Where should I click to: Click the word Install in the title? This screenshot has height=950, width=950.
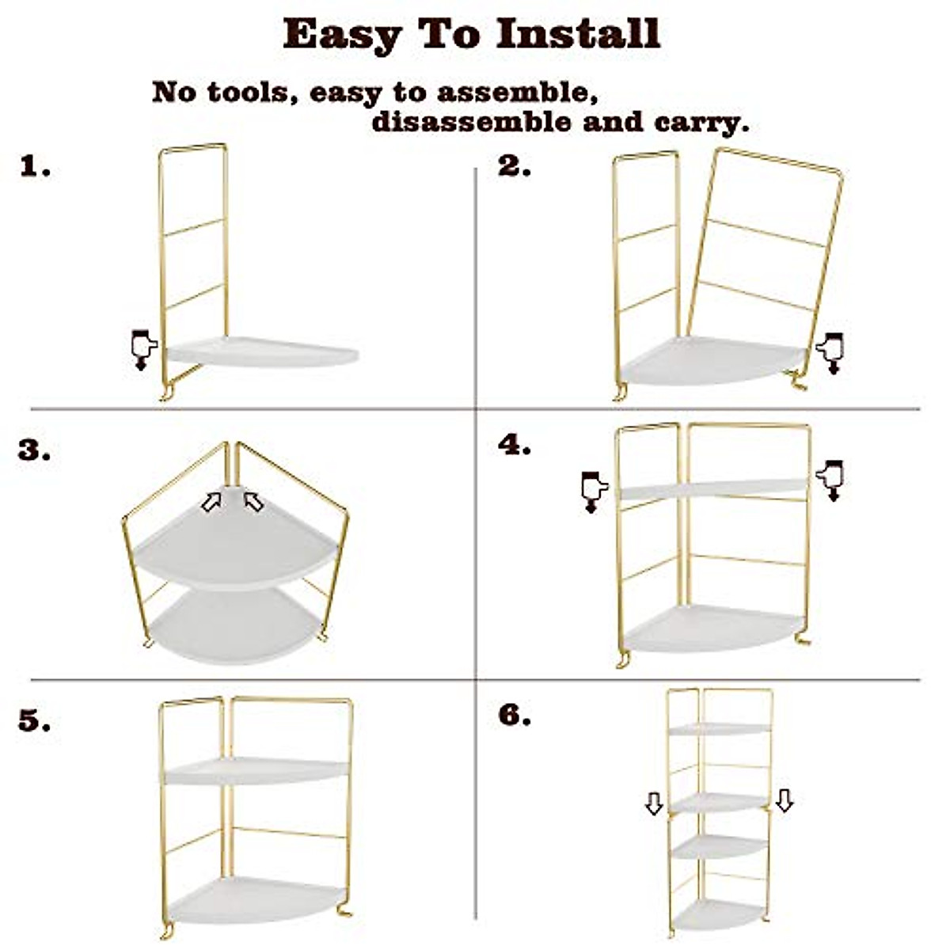pos(578,33)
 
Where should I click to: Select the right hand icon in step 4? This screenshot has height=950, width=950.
pos(830,480)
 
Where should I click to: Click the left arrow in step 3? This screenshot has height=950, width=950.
pos(211,501)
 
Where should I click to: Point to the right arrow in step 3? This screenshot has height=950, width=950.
pos(253,501)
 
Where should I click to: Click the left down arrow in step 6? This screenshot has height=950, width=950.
pos(654,804)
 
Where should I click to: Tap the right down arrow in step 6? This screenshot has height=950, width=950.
pos(785,800)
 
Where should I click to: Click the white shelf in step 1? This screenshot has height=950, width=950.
pos(261,353)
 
